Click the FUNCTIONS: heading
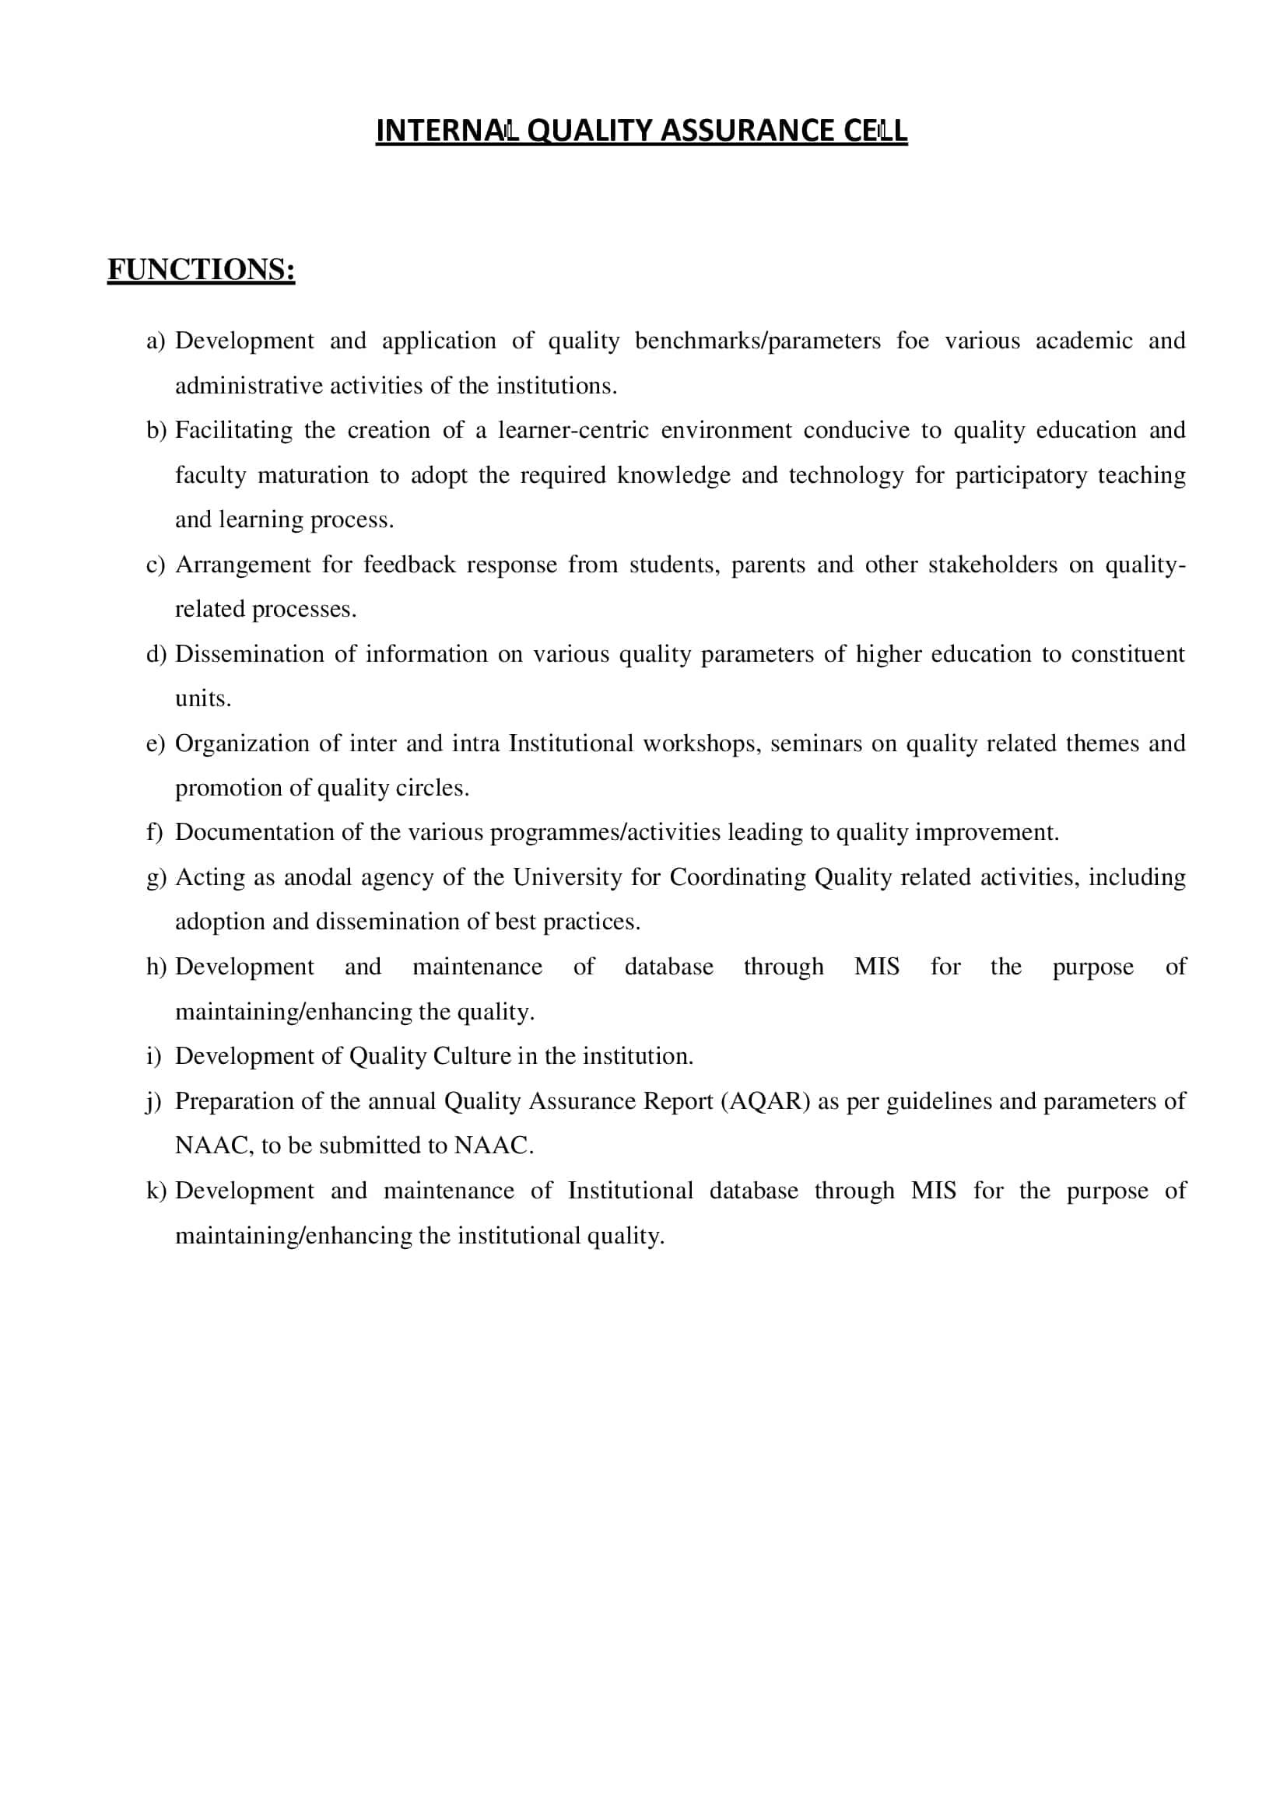click(x=202, y=269)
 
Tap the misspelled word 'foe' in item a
click(x=912, y=341)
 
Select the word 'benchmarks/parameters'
click(x=758, y=341)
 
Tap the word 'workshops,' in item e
click(x=701, y=744)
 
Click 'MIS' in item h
click(x=876, y=967)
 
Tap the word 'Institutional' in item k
click(x=630, y=1191)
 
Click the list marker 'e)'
click(x=156, y=744)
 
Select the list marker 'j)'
click(x=154, y=1102)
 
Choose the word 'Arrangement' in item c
click(x=243, y=565)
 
